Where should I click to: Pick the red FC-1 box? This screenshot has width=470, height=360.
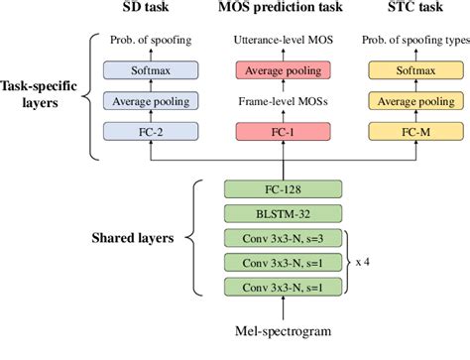tap(285, 130)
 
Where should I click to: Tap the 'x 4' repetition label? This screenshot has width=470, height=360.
tap(365, 263)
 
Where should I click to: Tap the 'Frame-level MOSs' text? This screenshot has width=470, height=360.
tap(285, 101)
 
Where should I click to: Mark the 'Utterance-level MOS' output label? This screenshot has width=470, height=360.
tap(285, 42)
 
